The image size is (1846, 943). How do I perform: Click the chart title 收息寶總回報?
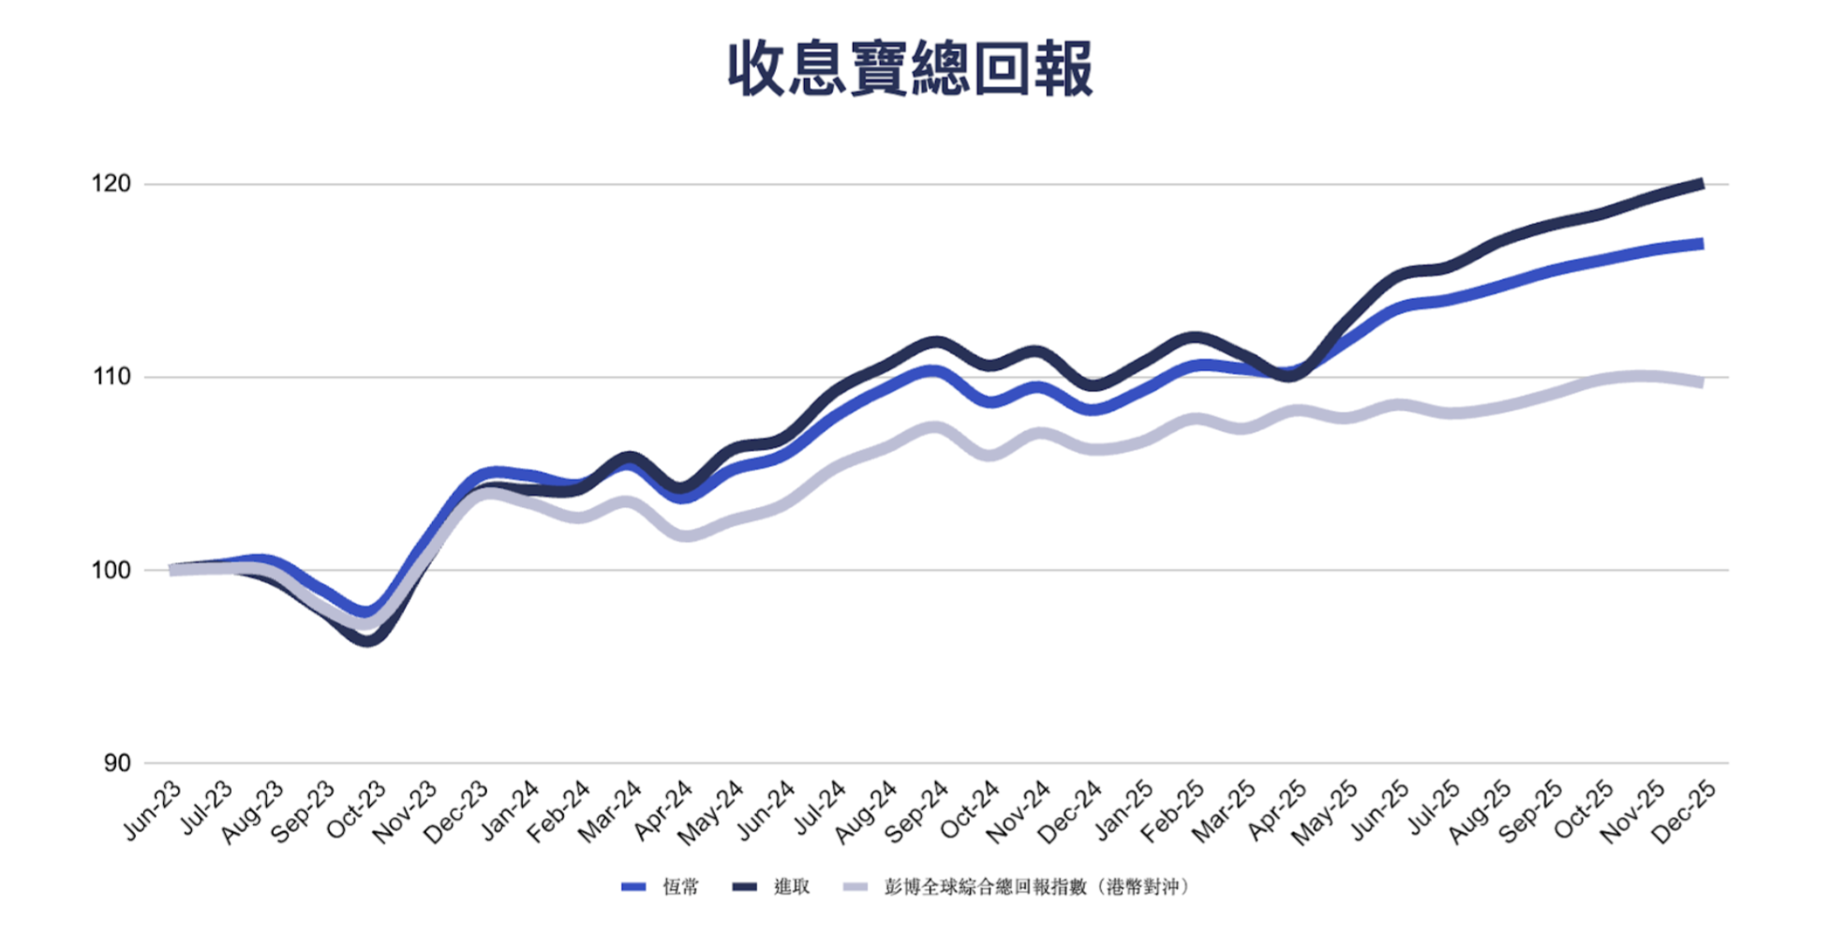910,68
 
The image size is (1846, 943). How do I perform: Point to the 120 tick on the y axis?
111,184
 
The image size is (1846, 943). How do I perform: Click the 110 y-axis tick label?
111,377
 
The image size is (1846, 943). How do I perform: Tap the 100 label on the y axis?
111,570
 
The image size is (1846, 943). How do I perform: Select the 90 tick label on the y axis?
116,763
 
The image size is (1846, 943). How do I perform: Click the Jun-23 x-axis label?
153,809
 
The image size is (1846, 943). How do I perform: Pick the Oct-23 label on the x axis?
357,809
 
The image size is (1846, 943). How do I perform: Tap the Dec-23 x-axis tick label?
457,811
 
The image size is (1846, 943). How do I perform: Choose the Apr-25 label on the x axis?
1276,811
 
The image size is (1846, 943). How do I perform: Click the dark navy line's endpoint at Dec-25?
1700,185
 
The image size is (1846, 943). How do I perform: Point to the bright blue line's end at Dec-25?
1700,245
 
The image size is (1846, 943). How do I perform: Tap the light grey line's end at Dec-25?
1700,382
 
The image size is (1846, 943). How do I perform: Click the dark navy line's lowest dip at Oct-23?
368,640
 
